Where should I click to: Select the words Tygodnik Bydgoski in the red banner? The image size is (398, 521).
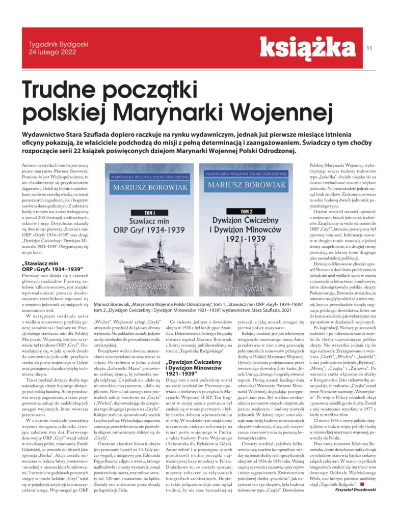(x=56, y=44)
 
